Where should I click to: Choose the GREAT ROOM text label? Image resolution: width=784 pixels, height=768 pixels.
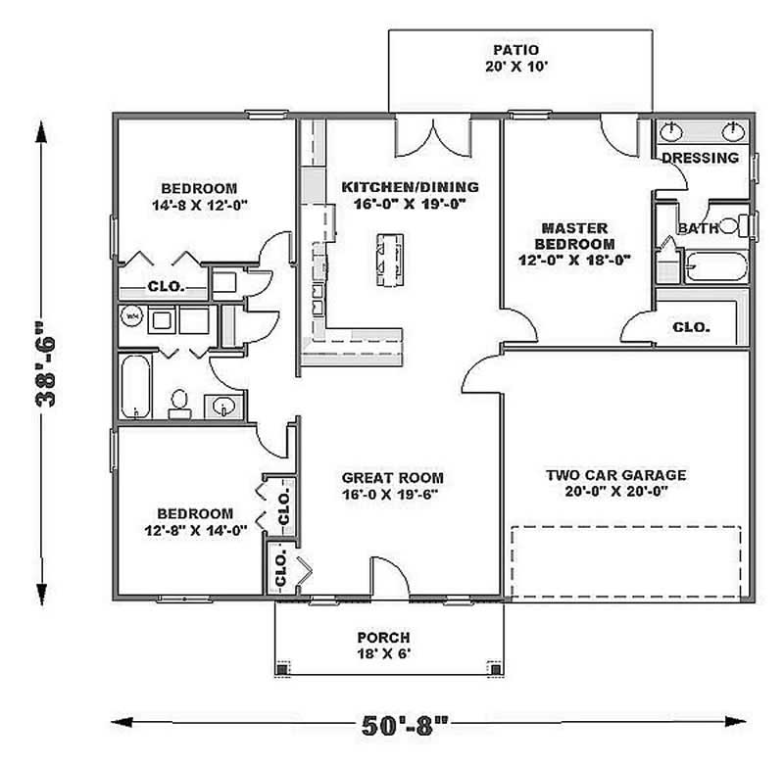click(x=392, y=478)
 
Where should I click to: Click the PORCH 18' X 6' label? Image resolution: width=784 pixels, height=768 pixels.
click(x=383, y=645)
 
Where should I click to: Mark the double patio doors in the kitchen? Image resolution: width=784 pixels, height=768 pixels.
click(x=432, y=137)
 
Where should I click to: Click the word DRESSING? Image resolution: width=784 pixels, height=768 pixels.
click(x=700, y=158)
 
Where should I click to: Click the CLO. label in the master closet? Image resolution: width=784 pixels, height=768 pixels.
click(x=691, y=328)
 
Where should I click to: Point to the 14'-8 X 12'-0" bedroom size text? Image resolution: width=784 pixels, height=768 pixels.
click(x=199, y=207)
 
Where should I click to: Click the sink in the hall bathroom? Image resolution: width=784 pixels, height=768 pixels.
click(x=222, y=407)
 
